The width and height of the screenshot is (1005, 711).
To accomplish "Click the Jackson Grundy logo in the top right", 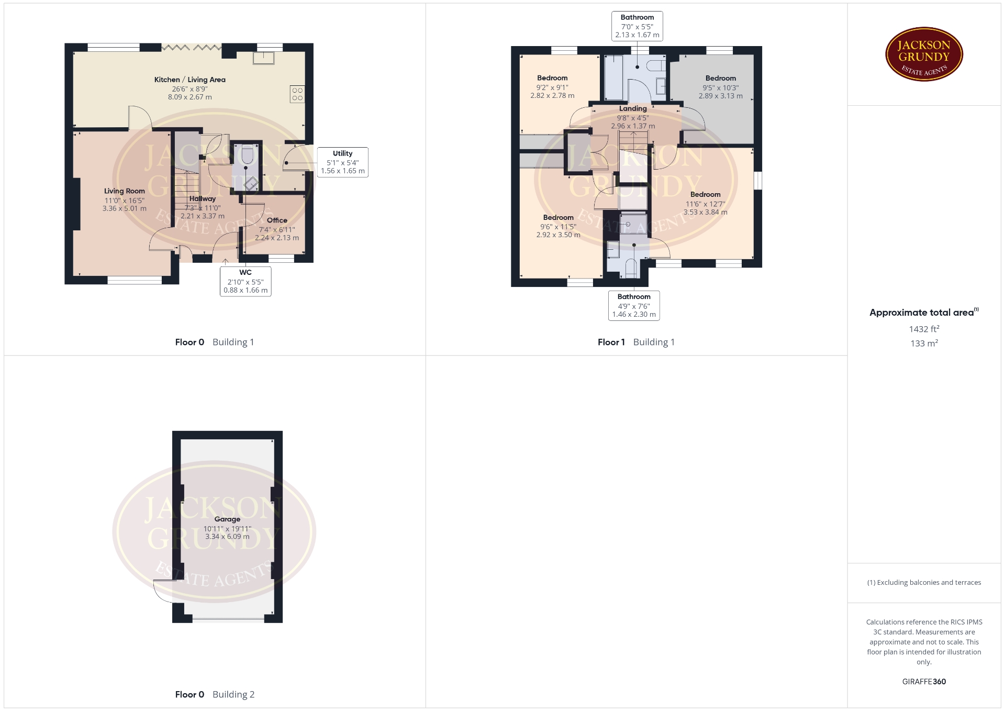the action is tap(924, 54).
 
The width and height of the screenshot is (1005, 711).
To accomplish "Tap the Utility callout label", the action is tap(343, 162).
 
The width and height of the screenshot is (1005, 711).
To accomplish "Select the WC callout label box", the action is tap(245, 282).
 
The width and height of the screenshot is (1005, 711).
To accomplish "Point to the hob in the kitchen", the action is tap(297, 94).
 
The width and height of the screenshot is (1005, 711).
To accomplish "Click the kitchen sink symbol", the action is tap(263, 58).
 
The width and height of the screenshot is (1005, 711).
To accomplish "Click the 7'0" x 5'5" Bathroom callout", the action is tap(637, 26).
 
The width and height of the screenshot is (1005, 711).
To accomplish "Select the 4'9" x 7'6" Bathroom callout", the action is tap(634, 306).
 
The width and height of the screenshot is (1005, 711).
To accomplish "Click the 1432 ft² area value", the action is tap(924, 329).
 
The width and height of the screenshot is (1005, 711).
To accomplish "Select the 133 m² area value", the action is tap(924, 343).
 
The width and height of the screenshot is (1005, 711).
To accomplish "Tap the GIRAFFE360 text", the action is tap(924, 682).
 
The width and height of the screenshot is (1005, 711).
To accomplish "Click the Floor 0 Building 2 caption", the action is tap(215, 695).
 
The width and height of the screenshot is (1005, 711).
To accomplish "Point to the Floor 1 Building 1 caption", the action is tap(636, 342).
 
